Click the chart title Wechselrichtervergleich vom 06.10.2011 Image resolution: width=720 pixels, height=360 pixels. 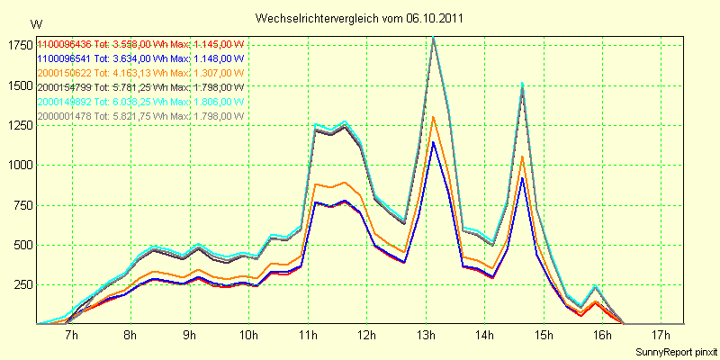pyautogui.click(x=360, y=18)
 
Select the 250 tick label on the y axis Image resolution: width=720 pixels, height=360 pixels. pyautogui.click(x=20, y=285)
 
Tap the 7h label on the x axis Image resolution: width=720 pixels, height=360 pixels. pyautogui.click(x=72, y=337)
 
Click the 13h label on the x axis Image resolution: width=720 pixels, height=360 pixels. pyautogui.click(x=426, y=337)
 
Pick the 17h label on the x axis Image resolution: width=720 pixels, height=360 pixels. pyautogui.click(x=661, y=337)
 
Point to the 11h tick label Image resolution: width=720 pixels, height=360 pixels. pyautogui.click(x=308, y=337)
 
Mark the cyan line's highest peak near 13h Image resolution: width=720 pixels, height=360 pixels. pyautogui.click(x=434, y=36)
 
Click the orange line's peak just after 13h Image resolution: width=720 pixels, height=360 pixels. pyautogui.click(x=433, y=116)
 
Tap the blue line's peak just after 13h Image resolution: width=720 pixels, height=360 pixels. pyautogui.click(x=433, y=142)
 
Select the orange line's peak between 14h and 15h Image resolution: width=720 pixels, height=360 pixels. pyautogui.click(x=522, y=157)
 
